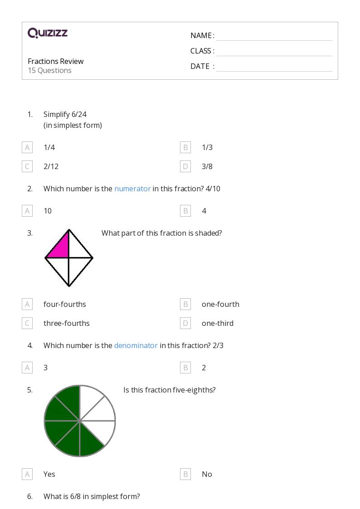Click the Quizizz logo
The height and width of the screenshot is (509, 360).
[48, 33]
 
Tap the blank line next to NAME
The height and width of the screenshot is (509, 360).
[274, 41]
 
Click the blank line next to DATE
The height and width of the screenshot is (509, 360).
[274, 71]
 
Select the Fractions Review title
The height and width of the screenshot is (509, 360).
[55, 61]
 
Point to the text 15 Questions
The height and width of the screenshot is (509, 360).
[50, 70]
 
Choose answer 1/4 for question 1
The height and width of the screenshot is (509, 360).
[49, 147]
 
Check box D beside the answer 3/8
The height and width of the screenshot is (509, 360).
[185, 166]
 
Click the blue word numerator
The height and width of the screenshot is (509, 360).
[132, 189]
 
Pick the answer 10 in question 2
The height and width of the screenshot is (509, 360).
[48, 211]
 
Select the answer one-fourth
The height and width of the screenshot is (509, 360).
[220, 304]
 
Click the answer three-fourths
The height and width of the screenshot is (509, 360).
[67, 323]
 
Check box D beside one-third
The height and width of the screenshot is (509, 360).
[185, 323]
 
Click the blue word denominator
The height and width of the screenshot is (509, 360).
[136, 345]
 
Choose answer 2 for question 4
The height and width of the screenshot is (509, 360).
[204, 368]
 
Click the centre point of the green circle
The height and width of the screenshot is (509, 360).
[79, 421]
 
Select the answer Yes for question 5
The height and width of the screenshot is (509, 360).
[49, 474]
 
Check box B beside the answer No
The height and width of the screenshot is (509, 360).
[185, 474]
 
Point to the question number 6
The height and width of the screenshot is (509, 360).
[30, 496]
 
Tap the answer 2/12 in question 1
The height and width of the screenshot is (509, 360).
[51, 166]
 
